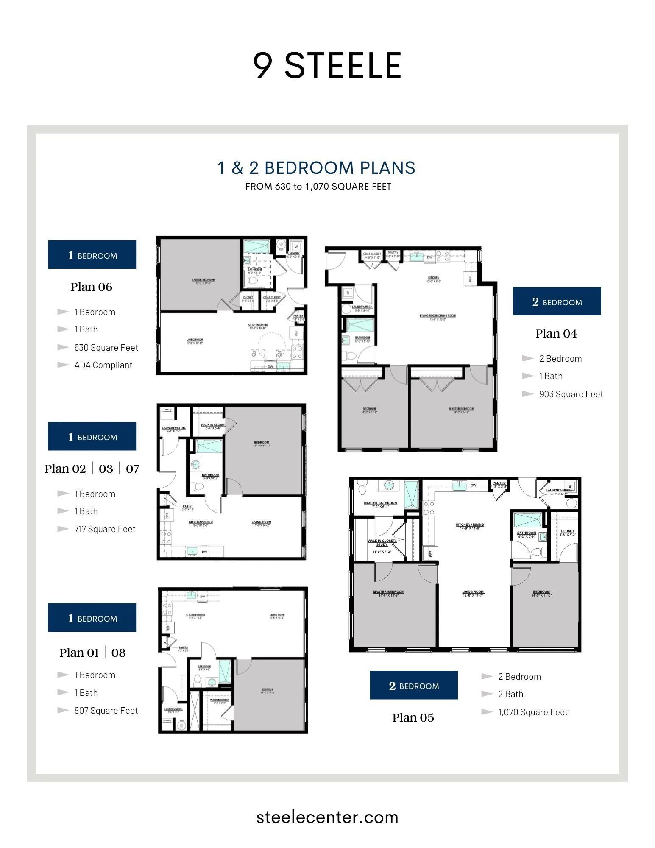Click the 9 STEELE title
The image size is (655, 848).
pos(327,66)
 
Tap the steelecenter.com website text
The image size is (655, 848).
pos(327,817)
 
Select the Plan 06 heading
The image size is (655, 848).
pos(91,287)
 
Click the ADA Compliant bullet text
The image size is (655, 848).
pos(103,365)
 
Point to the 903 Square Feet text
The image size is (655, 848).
pos(571,394)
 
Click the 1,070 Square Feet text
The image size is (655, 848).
pos(532,712)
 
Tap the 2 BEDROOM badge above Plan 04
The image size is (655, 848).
pos(557,301)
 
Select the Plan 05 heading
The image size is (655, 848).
pos(413,717)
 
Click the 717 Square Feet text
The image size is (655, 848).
pos(105,529)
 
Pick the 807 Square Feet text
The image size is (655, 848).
pos(106,711)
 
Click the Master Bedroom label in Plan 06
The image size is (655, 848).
pos(203,280)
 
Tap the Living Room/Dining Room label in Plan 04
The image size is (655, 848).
pos(438,316)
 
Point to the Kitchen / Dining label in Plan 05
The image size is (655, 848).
pos(470,525)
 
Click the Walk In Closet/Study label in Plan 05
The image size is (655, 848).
pos(382,543)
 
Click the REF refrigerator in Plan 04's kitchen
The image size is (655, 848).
pos(470,279)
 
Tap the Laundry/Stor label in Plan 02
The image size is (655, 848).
pos(173,429)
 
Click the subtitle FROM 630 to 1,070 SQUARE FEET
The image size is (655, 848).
pos(318,187)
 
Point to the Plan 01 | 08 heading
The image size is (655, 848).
pos(92,653)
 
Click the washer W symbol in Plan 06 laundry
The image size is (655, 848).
pos(296,247)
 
